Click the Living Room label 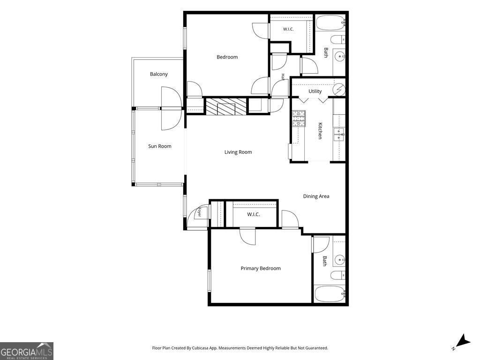[238, 152]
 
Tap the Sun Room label [160, 146]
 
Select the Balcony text [159, 74]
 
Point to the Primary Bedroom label [261, 269]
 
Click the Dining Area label [316, 196]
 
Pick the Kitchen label [320, 131]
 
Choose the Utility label [315, 91]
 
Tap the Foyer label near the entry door [199, 212]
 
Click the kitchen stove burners [299, 119]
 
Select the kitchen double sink [339, 135]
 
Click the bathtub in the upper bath [330, 22]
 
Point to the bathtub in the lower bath [330, 294]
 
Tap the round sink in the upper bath [339, 56]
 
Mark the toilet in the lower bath [338, 275]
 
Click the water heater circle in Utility [339, 90]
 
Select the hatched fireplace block [226, 106]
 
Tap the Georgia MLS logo [27, 351]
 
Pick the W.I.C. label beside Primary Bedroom [254, 215]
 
